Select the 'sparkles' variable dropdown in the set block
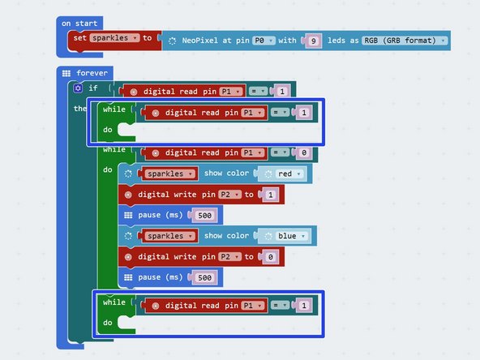tap(114, 38)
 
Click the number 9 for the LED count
tap(313, 40)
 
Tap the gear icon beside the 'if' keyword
tap(78, 88)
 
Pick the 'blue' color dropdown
tap(291, 236)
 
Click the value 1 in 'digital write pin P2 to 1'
tap(270, 195)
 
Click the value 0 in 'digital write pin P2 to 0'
tap(270, 257)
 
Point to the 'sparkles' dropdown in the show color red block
tap(168, 174)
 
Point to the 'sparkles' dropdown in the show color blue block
tap(168, 236)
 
